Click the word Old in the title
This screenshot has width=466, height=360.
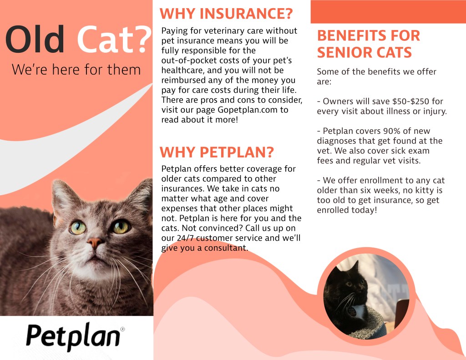click(x=35, y=39)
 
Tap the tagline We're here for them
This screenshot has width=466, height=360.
click(x=76, y=70)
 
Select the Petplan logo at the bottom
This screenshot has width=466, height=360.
click(x=73, y=337)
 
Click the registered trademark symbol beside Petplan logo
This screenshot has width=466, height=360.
click(x=122, y=329)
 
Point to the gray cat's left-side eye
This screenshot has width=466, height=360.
click(x=78, y=228)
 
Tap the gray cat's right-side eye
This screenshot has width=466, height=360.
click(x=121, y=227)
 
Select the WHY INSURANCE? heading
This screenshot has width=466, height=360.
click(x=226, y=14)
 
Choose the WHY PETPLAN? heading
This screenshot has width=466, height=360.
click(x=217, y=152)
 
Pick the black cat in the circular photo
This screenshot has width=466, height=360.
click(x=347, y=297)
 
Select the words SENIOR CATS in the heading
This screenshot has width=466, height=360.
click(x=365, y=53)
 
